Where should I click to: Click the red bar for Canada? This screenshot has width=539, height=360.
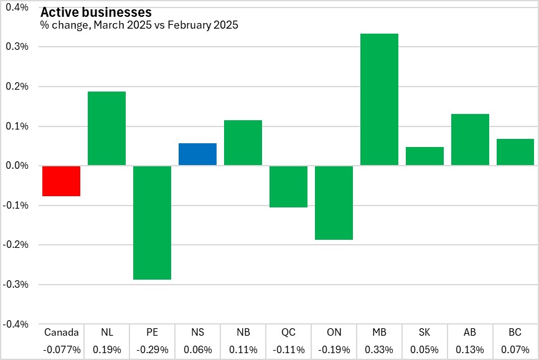[61, 181]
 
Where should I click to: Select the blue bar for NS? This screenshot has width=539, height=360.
[197, 154]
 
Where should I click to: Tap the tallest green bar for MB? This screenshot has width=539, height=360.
[379, 100]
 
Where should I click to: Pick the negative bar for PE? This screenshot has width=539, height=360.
[152, 222]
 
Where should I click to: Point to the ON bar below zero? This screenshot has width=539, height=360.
[334, 203]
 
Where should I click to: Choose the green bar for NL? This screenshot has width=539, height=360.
[106, 128]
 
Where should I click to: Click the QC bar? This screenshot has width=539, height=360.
[288, 187]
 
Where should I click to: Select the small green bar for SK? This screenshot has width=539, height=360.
[424, 156]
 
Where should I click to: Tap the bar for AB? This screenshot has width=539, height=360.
[470, 140]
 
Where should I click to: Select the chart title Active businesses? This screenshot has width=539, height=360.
[95, 12]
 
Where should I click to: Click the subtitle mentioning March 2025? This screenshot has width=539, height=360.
[139, 26]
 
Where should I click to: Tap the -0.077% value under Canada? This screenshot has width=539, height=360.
[62, 349]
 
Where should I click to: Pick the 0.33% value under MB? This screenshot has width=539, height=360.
[379, 349]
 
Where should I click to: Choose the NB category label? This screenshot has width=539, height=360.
[243, 333]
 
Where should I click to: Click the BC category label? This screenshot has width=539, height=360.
[515, 333]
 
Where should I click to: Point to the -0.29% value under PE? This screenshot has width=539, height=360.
[152, 349]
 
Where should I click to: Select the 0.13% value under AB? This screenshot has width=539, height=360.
[470, 349]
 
